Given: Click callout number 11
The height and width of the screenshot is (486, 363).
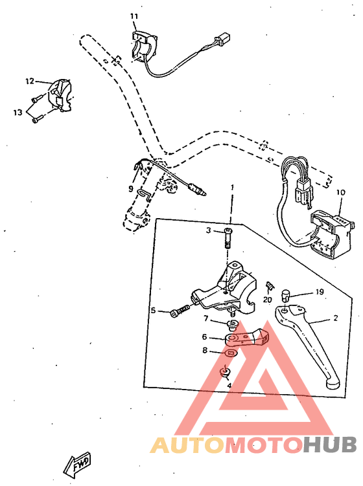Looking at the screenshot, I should (x=134, y=16).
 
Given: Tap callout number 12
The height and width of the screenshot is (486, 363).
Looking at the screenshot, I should (x=29, y=82).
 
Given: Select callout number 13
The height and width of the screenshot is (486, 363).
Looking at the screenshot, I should (x=18, y=112).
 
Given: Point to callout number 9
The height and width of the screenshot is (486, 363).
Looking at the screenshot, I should (x=130, y=189).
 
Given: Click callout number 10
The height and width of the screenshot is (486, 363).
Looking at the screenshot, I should (x=341, y=192).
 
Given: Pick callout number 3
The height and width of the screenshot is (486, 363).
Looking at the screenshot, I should (x=209, y=230).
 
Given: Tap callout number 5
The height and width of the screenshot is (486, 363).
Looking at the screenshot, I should (x=154, y=311).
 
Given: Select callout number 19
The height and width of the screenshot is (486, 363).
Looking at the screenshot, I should (x=319, y=292).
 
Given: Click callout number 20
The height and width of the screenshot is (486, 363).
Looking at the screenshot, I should (x=267, y=300).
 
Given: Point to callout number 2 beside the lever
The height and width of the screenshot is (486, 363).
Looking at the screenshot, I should (x=335, y=318).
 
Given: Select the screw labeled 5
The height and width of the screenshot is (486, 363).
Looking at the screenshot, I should (x=179, y=312).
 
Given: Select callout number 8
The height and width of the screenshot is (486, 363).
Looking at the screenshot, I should (x=205, y=350).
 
